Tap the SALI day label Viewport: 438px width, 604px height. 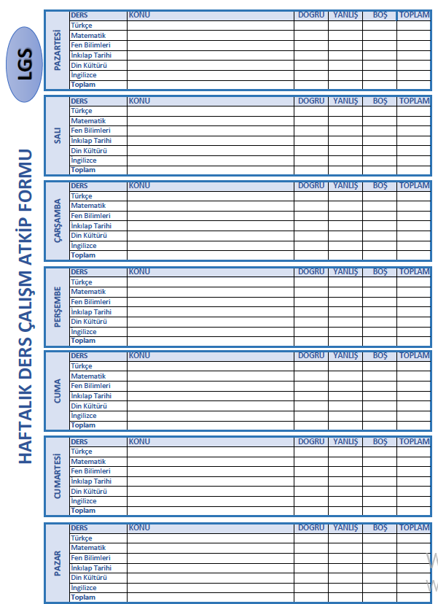pos(58,136)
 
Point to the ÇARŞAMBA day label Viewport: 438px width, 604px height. pos(58,221)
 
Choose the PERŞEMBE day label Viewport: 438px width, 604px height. pos(58,306)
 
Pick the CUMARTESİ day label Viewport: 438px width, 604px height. pos(58,476)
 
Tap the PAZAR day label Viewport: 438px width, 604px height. pos(58,562)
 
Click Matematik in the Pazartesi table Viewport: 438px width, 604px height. pos(88,35)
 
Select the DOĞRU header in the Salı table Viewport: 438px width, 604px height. pos(311,100)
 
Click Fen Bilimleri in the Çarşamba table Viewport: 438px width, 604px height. pos(90,216)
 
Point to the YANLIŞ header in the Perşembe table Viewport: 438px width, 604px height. pos(345,271)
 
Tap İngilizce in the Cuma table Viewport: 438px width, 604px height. pos(84,415)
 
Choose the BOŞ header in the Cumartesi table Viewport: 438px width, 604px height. pos(380,441)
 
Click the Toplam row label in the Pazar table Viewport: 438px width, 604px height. pos(83,597)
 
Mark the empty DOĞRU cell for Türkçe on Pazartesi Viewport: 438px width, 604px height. pos(311,26)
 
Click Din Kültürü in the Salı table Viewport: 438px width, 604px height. pos(89,150)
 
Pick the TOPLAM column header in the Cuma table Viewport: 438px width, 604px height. pos(414,356)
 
